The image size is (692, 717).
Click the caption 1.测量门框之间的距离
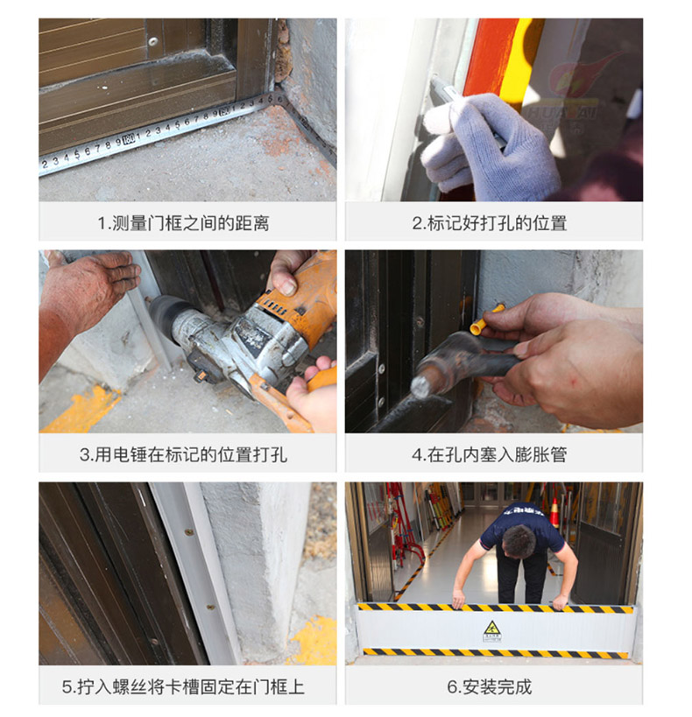coord(183,223)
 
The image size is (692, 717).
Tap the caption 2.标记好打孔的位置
coord(490,223)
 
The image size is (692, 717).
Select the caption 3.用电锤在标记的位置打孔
coord(183,455)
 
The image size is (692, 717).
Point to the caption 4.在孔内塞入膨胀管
coord(490,455)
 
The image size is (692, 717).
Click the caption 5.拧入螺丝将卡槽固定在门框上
coord(183,687)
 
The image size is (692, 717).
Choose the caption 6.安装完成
coord(490,687)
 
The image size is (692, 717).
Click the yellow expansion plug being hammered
coord(486,320)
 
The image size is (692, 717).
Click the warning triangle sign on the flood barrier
coord(492,630)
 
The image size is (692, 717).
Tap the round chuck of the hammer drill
coord(164,315)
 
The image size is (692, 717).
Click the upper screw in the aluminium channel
coord(188,532)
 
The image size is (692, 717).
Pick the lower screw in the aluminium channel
coord(210,608)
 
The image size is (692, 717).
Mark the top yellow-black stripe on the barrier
coord(496,608)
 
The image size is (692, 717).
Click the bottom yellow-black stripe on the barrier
coord(496,653)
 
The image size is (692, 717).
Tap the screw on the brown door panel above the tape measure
coord(153,42)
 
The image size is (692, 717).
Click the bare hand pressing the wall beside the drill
coord(91,292)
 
